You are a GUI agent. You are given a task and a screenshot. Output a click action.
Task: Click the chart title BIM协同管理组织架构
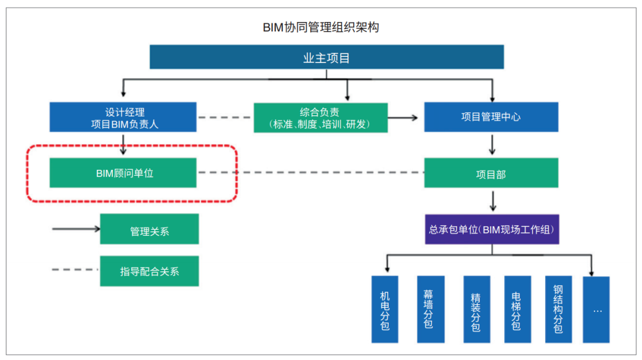coord(321,27)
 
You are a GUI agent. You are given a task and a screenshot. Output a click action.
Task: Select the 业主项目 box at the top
coord(326,58)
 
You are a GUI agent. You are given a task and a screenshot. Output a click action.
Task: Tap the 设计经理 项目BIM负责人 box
coord(123,117)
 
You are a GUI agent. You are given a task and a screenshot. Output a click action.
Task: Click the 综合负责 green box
coord(320,118)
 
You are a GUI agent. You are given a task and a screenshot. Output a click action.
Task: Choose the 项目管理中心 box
coord(491,117)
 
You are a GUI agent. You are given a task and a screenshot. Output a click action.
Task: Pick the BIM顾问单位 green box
coord(123,173)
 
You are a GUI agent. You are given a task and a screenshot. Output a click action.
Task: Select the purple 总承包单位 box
coord(493,229)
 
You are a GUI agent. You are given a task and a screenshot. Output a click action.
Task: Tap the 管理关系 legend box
coord(149,229)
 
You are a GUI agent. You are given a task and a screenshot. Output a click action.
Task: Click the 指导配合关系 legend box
coord(149,271)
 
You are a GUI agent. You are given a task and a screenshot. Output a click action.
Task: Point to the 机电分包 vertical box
coord(385,310)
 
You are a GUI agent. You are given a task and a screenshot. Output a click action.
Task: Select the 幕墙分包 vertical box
coord(428,310)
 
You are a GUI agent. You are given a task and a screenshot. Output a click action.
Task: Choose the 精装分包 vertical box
coord(476,310)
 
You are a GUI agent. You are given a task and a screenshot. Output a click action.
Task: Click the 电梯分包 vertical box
coord(517,310)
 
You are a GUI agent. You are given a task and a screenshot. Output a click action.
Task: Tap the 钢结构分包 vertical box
coord(558,310)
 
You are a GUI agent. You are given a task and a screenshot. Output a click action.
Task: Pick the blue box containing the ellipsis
coord(597,310)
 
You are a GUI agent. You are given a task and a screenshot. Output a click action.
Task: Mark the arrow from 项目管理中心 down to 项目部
coord(492,144)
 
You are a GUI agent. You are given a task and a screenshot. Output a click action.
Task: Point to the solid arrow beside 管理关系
coord(76,228)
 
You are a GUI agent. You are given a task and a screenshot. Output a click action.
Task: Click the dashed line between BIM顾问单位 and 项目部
coord(310,173)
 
